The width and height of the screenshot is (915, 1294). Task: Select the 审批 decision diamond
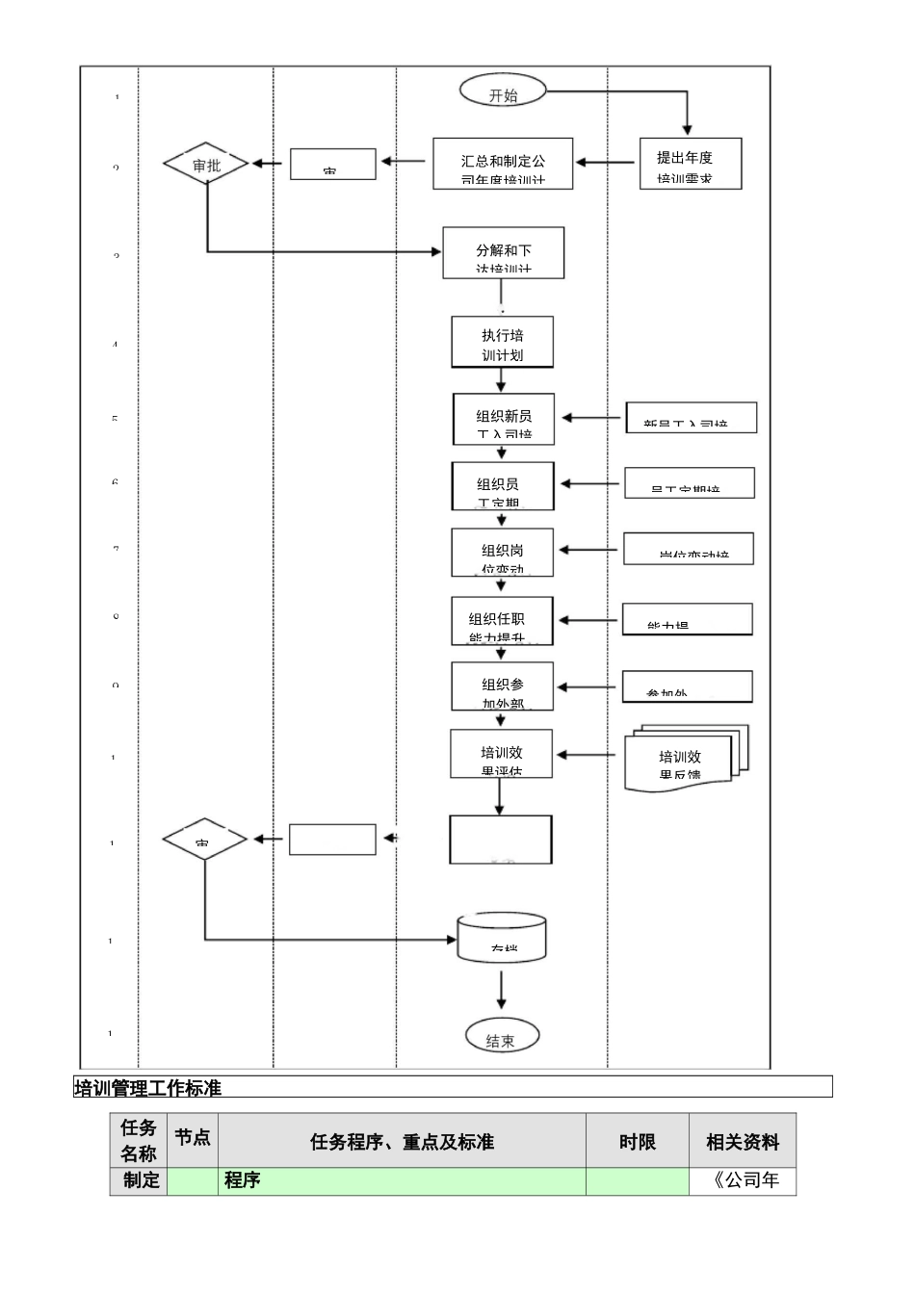[x=206, y=164]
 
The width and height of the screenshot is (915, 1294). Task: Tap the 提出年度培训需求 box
[x=691, y=163]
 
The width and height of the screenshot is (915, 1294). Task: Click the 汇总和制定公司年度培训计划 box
[x=503, y=164]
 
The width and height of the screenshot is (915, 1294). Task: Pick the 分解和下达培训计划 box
[x=503, y=252]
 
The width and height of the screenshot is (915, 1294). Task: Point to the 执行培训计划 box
[x=502, y=342]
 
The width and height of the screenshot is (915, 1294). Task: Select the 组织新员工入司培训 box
[x=504, y=418]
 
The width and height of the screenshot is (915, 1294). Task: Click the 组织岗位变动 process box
[x=502, y=553]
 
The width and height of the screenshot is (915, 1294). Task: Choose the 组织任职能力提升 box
[x=502, y=620]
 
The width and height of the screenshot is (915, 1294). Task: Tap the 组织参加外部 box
[x=502, y=686]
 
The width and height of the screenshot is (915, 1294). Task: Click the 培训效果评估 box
[x=501, y=754]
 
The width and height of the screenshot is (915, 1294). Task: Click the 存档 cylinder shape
[x=501, y=937]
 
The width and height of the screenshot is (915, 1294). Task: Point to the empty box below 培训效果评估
[x=500, y=840]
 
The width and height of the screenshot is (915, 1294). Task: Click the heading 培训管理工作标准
[x=148, y=1087]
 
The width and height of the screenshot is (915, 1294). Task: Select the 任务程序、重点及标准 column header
[x=402, y=1142]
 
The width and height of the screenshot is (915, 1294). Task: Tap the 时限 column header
[x=637, y=1142]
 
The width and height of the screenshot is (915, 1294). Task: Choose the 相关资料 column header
[x=743, y=1142]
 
